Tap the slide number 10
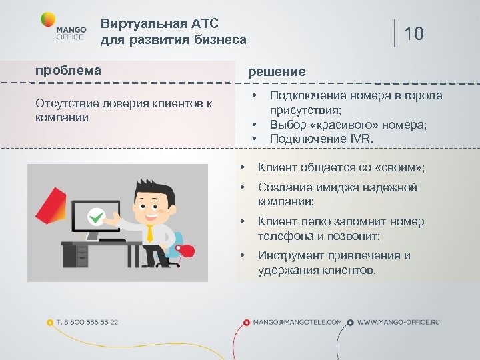coord(414,33)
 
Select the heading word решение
coord(277,71)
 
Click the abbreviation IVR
coord(361,139)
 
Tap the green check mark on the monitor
coord(97,216)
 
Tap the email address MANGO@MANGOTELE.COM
coord(297,322)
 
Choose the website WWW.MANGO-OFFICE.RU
coord(399,322)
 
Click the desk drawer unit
coord(81,255)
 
